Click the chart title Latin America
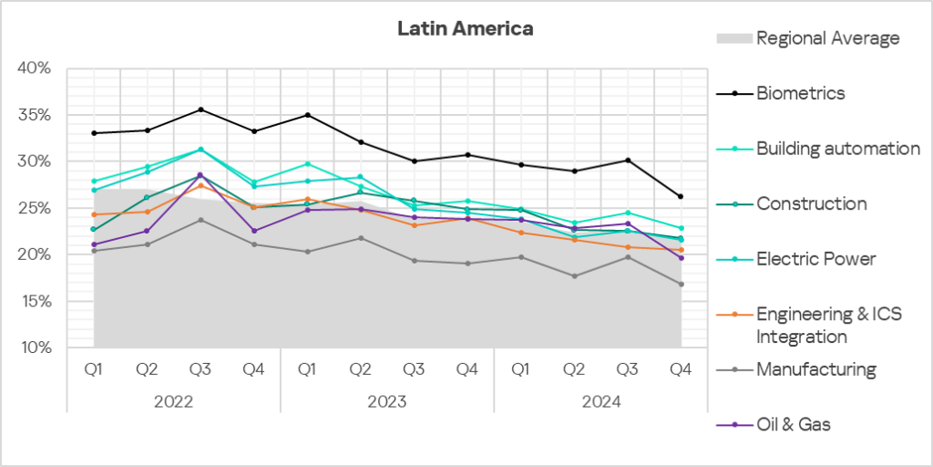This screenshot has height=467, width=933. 465,29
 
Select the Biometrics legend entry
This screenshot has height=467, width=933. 800,93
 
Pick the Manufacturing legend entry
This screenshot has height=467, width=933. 815,369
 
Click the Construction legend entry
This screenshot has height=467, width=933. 811,203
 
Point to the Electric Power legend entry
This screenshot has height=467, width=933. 815,259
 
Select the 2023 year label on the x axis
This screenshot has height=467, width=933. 387,401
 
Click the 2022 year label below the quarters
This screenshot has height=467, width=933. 173,401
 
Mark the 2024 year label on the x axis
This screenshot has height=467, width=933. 601,401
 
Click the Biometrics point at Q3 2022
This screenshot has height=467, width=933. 200,109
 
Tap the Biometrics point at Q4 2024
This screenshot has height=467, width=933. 681,196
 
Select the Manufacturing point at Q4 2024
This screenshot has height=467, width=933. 681,284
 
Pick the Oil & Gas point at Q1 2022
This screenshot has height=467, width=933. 94,244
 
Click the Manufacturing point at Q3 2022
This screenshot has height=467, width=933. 200,220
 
